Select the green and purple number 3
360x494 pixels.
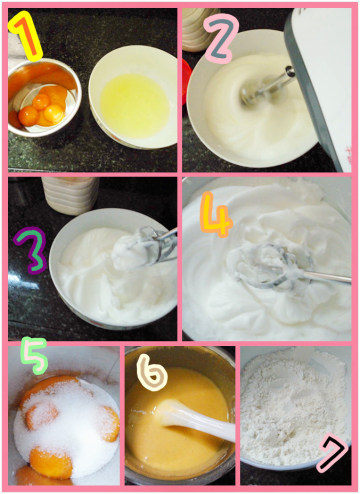click(31, 250)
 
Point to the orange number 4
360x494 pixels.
click(216, 215)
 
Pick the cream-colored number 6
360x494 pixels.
click(152, 372)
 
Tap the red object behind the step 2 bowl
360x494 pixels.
click(187, 81)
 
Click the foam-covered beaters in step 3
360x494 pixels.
click(142, 247)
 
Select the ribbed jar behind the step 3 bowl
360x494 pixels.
click(70, 195)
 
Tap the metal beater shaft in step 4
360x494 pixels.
click(327, 277)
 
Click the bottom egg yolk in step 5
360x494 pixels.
click(51, 463)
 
